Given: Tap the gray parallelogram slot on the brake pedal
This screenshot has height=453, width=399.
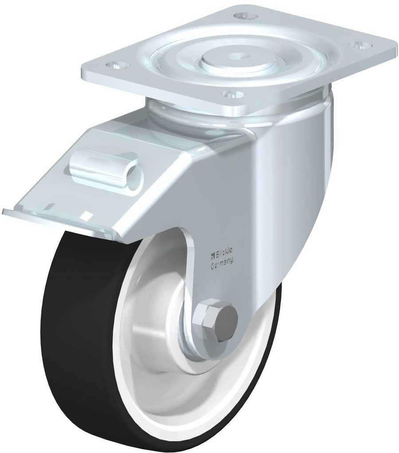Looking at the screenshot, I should tap(53, 205).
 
